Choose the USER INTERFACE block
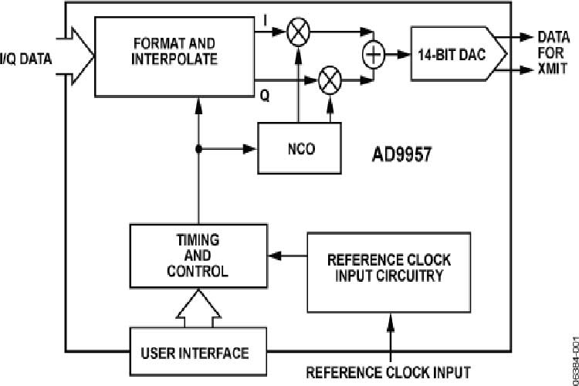click(x=195, y=353)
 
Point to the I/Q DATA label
click(x=26, y=56)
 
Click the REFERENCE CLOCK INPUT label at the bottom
click(x=388, y=372)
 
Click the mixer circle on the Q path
click(x=330, y=78)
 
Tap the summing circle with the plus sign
click(x=373, y=55)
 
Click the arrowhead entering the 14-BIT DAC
click(x=404, y=55)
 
